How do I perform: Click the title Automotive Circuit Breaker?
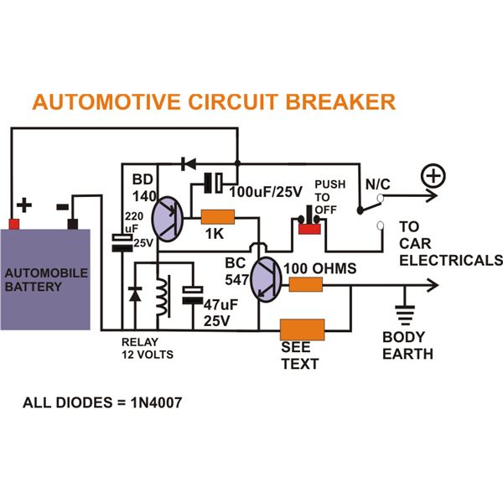pos(213,102)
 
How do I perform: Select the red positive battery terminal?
pos(13,223)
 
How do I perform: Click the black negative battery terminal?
pos(73,223)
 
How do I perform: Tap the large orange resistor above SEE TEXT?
pos(302,328)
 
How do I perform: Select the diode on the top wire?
pos(189,162)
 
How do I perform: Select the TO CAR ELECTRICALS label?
pos(449,243)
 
